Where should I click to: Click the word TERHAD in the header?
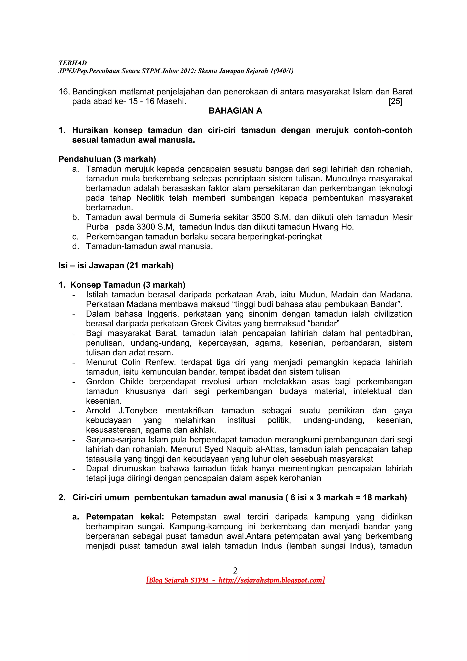click(73, 63)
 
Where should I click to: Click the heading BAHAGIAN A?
click(235, 111)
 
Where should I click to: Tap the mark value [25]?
click(395, 101)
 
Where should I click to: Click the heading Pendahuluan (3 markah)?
click(107, 159)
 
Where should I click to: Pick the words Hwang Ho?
click(336, 227)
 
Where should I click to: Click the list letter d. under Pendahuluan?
click(75, 246)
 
